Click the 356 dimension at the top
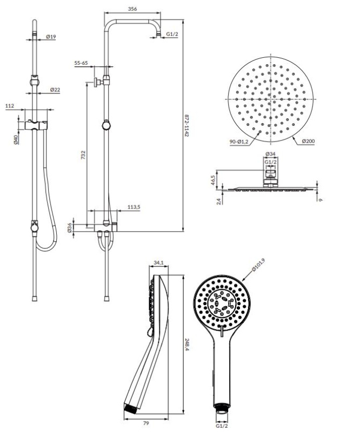132,9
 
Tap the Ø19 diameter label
51,36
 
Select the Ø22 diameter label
55,90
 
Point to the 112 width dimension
10,105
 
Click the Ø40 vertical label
16,139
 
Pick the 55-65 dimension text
81,63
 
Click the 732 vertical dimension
83,155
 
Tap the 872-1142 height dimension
187,125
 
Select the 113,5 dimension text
134,207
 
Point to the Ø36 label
70,227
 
